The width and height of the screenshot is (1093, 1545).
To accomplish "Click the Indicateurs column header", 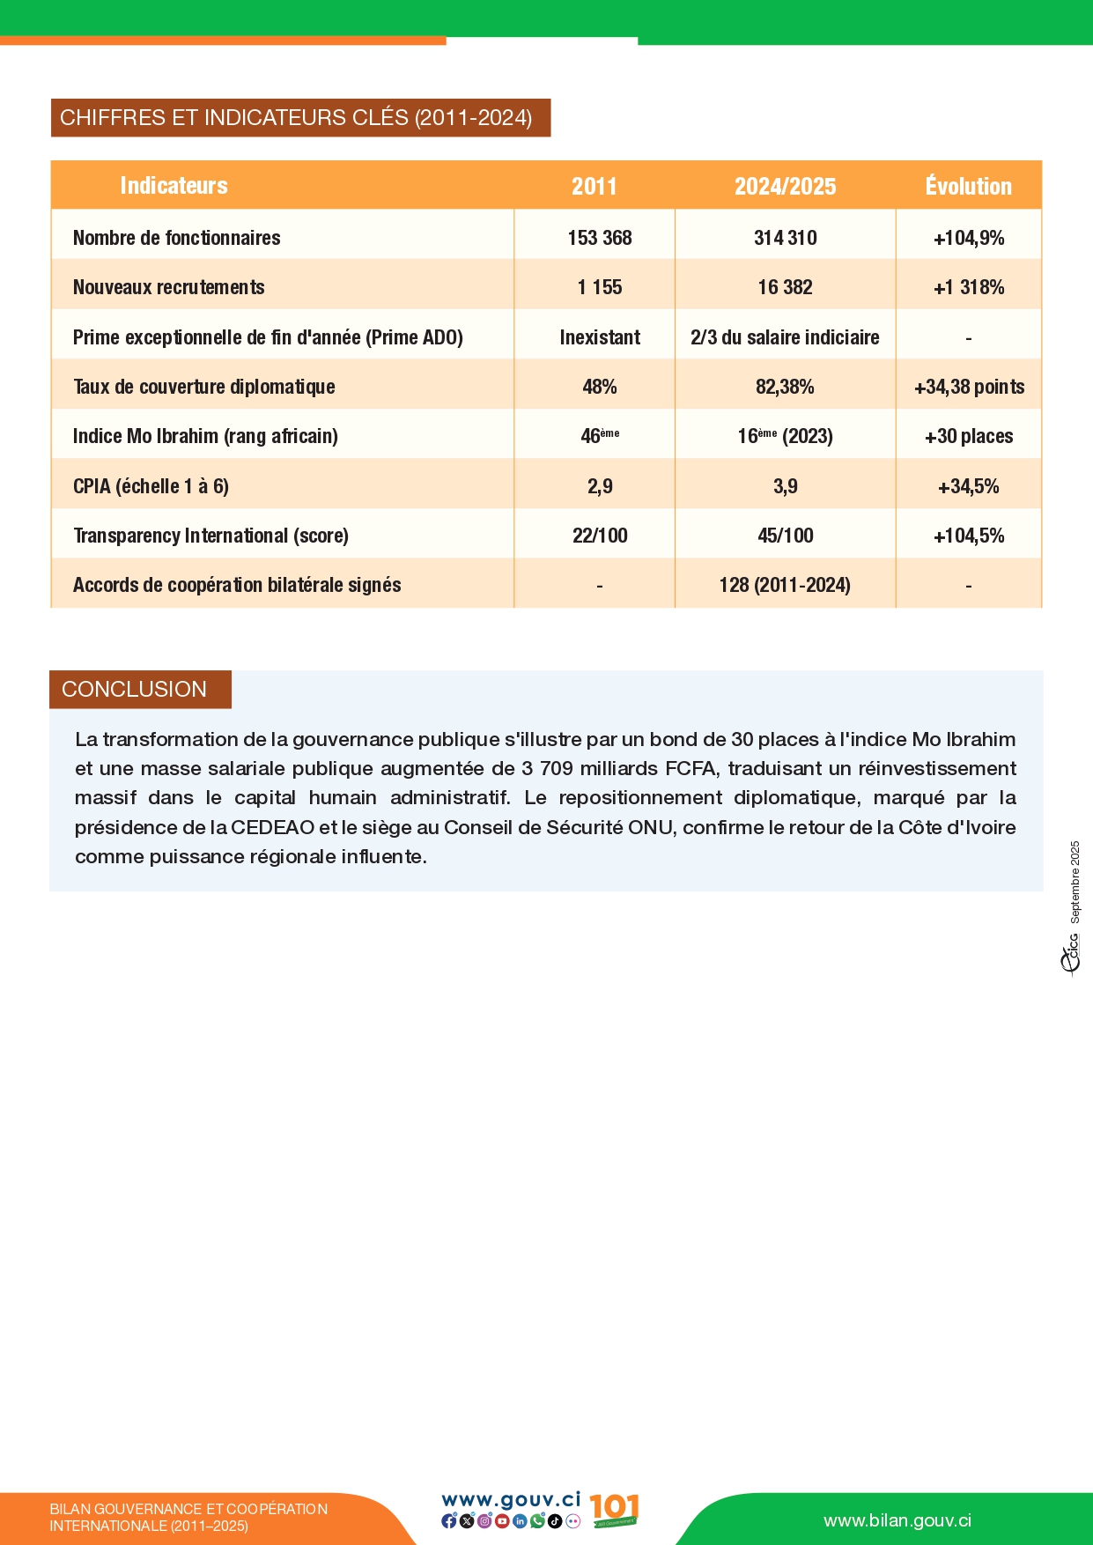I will (174, 185).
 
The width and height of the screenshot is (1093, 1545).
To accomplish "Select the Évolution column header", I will (968, 186).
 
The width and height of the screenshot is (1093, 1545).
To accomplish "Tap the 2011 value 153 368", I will (600, 238).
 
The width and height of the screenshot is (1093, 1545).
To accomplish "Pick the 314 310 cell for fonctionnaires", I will (785, 238).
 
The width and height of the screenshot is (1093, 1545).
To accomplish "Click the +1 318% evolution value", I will (969, 287).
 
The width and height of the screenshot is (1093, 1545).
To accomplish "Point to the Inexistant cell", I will (600, 337).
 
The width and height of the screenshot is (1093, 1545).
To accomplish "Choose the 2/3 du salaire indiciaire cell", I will (785, 337).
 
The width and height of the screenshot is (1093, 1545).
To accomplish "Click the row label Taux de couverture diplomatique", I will (204, 387).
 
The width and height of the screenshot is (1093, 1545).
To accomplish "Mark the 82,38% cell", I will (785, 387).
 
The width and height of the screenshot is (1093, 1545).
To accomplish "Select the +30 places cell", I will (969, 436).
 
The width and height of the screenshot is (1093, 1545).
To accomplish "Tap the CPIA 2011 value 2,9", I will (600, 486).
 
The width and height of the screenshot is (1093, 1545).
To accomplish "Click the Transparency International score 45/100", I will (785, 536).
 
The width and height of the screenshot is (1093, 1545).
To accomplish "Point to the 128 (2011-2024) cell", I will (785, 585).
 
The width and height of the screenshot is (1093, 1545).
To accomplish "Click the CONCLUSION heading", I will (135, 689).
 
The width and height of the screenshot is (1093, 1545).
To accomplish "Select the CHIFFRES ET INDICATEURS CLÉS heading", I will (296, 118).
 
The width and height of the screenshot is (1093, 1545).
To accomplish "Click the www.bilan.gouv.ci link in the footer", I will (897, 1520).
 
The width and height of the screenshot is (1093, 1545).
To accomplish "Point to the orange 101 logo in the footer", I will (613, 1509).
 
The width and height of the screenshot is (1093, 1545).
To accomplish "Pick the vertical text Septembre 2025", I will (1075, 882).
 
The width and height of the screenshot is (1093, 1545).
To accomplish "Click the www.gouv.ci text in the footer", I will (511, 1499).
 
